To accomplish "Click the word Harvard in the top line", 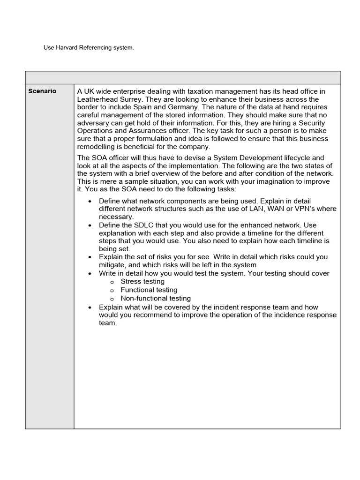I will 67,48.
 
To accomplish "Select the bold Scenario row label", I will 42,91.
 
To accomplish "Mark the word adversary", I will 95,123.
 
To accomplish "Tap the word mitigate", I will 113,265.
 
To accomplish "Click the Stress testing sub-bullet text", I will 142,282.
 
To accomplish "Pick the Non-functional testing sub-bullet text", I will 156,298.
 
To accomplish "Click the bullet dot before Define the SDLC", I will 90,225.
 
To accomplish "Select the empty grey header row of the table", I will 183,78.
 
